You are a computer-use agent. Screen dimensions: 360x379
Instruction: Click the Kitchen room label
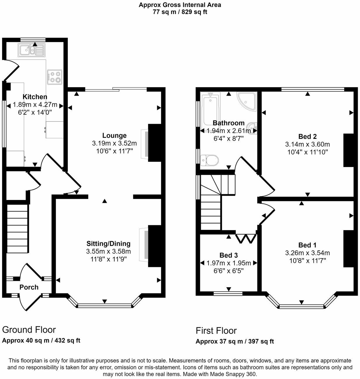(35, 97)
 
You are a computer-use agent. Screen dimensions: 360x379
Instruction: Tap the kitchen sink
(32, 50)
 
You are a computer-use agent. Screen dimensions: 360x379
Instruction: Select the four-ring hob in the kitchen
(55, 77)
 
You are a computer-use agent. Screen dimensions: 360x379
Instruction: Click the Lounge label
(114, 135)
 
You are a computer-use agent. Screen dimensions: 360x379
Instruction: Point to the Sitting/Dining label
(108, 244)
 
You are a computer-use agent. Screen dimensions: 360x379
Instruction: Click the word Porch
(29, 287)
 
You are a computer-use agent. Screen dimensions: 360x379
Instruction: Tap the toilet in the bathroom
(210, 160)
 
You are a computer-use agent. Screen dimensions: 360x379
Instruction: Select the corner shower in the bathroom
(247, 101)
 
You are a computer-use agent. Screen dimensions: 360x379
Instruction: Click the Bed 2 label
(307, 137)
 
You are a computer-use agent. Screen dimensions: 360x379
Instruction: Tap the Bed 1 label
(307, 245)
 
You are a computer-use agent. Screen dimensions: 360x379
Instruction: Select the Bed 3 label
(229, 255)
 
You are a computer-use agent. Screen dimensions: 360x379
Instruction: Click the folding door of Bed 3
(246, 239)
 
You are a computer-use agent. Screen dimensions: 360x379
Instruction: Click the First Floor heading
(216, 331)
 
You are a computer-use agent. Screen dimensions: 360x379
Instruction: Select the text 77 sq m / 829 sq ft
(180, 12)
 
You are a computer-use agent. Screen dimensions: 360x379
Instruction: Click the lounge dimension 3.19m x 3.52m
(115, 143)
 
